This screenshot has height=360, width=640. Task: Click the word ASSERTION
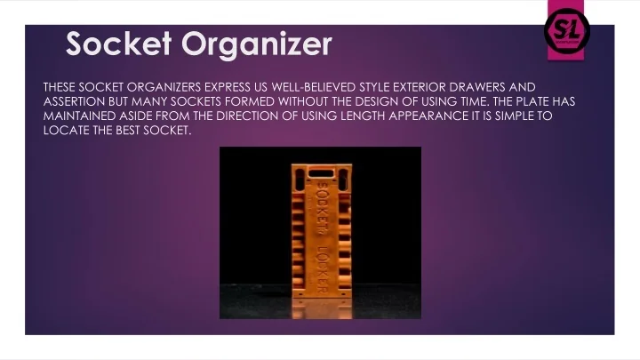coord(74,101)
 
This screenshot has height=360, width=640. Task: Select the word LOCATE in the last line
coord(63,130)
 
